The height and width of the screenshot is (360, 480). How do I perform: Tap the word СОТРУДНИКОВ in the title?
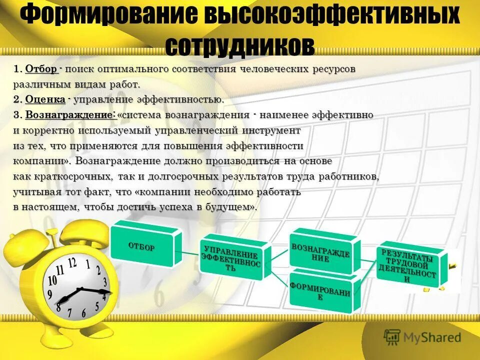click(x=239, y=45)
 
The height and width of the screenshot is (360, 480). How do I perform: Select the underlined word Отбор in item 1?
click(x=41, y=69)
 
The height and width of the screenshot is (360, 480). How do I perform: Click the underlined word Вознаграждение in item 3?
click(x=70, y=115)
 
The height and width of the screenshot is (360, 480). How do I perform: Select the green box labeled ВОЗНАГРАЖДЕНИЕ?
click(x=322, y=253)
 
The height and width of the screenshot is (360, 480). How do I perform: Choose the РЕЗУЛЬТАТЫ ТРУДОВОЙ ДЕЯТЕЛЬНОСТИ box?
click(x=408, y=266)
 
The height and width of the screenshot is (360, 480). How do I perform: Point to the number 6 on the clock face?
click(x=84, y=314)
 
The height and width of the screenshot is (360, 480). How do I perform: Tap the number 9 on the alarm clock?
click(x=50, y=294)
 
